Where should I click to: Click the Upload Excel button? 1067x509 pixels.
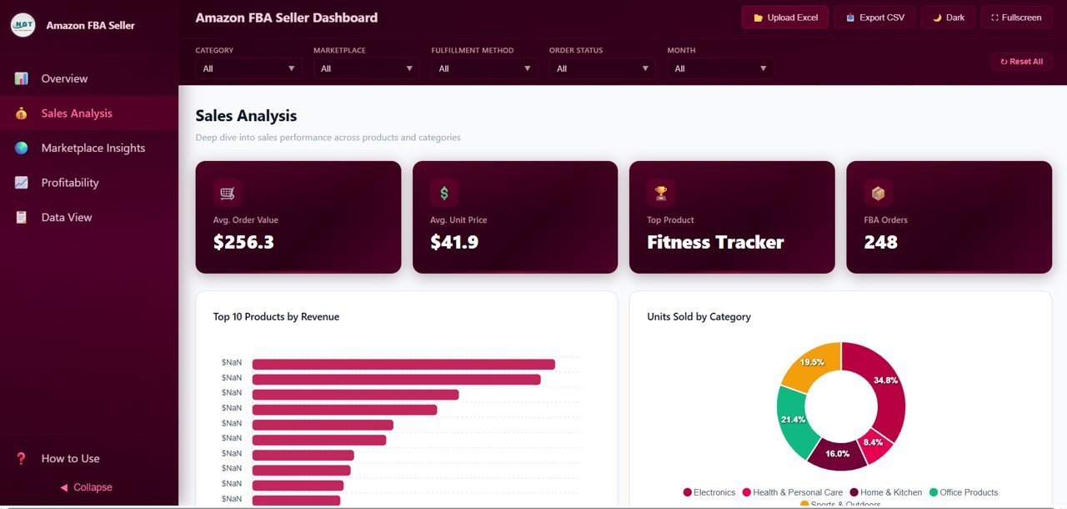784,18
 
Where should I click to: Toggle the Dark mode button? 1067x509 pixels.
948,18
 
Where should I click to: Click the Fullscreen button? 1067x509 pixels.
1016,18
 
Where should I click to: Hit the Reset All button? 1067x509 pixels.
1021,62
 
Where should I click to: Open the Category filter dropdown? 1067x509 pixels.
248,68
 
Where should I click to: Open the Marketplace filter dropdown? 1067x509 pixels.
367,68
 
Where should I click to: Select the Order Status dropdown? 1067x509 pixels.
602,68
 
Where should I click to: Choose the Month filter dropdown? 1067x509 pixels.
720,68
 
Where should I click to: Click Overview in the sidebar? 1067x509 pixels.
64,78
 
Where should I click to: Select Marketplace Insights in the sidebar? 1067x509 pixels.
93,148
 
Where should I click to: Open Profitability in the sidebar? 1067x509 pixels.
70,183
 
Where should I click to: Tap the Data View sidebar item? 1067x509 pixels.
67,217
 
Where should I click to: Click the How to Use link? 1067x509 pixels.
70,458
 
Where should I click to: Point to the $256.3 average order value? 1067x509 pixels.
243,243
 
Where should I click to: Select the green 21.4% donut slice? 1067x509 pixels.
793,419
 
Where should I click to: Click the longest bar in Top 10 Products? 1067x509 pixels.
403,364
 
